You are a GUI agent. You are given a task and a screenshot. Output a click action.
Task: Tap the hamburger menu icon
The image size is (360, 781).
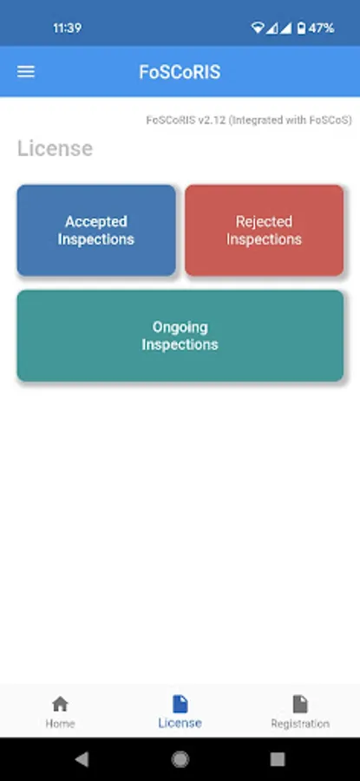coord(26,72)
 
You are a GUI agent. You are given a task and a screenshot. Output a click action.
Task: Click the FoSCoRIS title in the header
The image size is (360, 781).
coord(180,72)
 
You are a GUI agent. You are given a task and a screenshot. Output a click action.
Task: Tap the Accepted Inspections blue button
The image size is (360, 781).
coord(96,230)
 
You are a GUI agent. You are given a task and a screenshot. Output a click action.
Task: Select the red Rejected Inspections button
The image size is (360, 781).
coord(264,230)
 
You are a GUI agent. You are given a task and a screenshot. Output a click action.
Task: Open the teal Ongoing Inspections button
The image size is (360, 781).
coord(180,336)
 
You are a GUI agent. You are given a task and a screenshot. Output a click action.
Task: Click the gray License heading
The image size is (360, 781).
coord(55,148)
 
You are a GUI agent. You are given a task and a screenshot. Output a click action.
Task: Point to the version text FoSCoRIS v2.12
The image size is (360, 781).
coord(186,120)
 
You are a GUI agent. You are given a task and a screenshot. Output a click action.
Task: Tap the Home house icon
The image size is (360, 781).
coord(60,704)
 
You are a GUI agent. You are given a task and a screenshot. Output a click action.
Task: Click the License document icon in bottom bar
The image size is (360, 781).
coord(180,704)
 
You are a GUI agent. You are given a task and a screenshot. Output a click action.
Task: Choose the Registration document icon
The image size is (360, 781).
coord(300,704)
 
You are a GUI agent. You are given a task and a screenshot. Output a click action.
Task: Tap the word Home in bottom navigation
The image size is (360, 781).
coord(60,723)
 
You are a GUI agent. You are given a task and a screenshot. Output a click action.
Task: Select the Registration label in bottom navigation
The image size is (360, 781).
coord(300,723)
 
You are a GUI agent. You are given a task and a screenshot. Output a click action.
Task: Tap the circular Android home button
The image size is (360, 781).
coord(180,759)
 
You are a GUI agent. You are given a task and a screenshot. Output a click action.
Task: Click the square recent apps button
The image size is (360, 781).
coord(278,759)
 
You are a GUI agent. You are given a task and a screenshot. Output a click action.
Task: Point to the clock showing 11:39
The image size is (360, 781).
coord(67,28)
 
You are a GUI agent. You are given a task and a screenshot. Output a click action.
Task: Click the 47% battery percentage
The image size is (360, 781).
coord(321,28)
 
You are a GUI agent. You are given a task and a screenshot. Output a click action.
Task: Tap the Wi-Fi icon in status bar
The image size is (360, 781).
coord(258,28)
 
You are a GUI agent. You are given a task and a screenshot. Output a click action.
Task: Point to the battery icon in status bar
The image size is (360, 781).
coord(301,28)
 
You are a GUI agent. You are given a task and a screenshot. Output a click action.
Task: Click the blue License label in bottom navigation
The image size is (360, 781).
coord(180,723)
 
